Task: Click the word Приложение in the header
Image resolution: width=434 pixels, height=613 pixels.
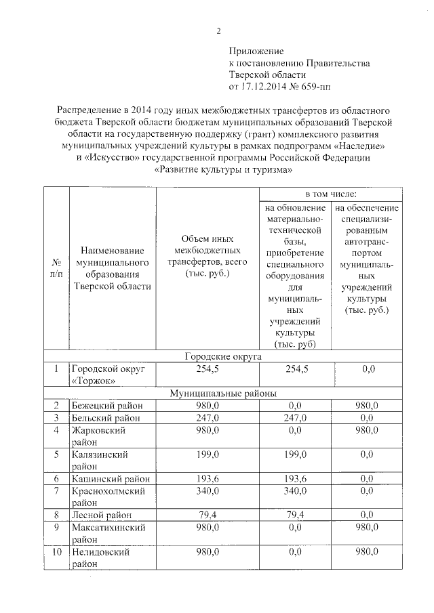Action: (256, 51)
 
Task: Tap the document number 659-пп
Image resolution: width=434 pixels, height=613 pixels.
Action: (317, 87)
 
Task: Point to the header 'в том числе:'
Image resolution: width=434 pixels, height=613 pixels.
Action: (329, 194)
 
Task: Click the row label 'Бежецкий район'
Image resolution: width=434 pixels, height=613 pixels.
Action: (107, 405)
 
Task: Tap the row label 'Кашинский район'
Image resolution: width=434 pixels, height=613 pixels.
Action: (109, 478)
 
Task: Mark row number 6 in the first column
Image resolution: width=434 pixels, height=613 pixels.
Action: (57, 478)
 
